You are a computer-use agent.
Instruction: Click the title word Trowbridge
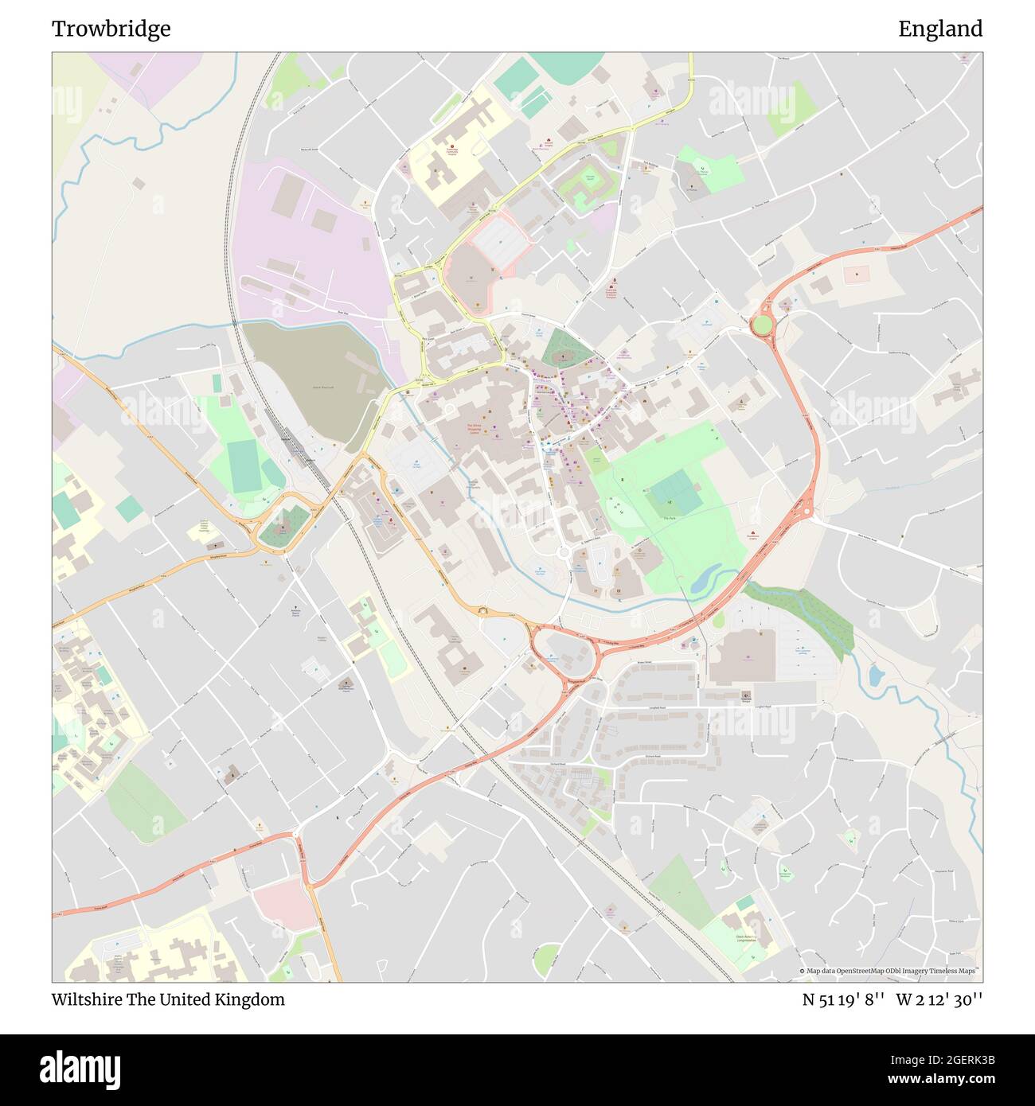[x=111, y=29]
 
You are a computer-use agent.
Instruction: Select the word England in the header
[x=940, y=29]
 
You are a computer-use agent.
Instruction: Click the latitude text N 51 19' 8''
[x=843, y=999]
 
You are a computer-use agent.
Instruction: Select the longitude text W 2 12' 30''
[x=939, y=999]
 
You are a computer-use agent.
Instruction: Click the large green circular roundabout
[x=762, y=325]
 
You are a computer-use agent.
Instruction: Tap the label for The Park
[x=669, y=518]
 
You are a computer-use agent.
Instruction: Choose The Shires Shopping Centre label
[x=474, y=428]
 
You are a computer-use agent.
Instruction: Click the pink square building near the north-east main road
[x=857, y=273]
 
